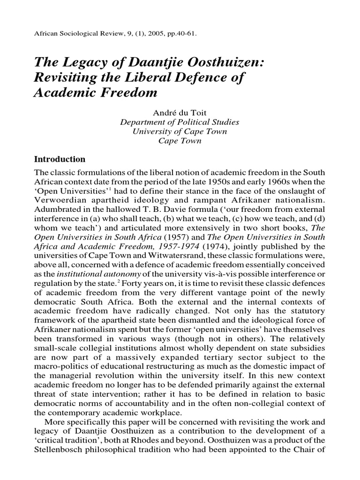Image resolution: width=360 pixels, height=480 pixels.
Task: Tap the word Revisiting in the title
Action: (66, 77)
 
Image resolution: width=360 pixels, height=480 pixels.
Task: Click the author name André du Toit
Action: (180, 112)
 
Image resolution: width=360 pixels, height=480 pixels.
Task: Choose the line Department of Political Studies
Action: (180, 122)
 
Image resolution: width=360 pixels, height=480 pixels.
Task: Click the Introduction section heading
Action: (60, 159)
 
